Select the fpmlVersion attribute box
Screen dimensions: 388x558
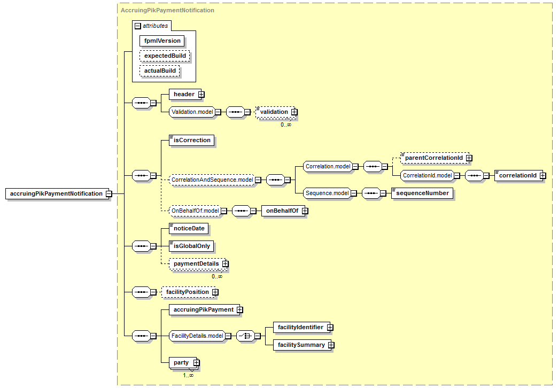coord(162,41)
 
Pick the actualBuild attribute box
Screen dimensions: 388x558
coord(160,71)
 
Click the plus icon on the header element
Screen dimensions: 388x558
coord(201,94)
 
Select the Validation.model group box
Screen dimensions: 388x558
coord(192,112)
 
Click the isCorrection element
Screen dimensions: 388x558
coord(192,140)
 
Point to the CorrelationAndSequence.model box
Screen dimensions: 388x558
coord(211,180)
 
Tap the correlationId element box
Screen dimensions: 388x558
coord(517,175)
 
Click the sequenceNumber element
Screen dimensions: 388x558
coord(422,193)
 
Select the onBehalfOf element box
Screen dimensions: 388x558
coord(281,211)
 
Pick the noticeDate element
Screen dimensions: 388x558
coord(189,228)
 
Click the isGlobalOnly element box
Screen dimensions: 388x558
coord(191,246)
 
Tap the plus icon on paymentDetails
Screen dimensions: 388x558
coord(226,263)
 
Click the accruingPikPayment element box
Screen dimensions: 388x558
coord(203,309)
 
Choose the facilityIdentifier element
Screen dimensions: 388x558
coord(300,327)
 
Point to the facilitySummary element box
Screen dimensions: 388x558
coord(301,345)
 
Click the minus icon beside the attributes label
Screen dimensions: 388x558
coord(138,26)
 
